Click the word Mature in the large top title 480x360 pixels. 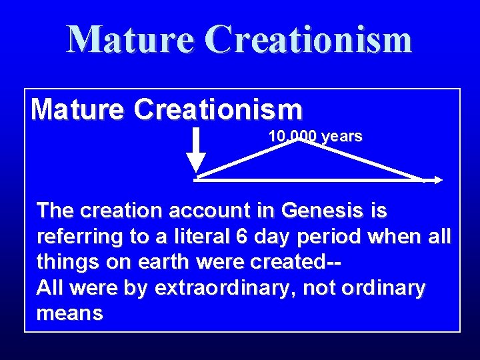pyautogui.click(x=129, y=39)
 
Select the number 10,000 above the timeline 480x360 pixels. pyautogui.click(x=293, y=137)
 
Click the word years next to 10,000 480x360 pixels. pyautogui.click(x=341, y=137)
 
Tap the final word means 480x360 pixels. pyautogui.click(x=70, y=314)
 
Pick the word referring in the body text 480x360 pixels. pyautogui.click(x=77, y=236)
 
